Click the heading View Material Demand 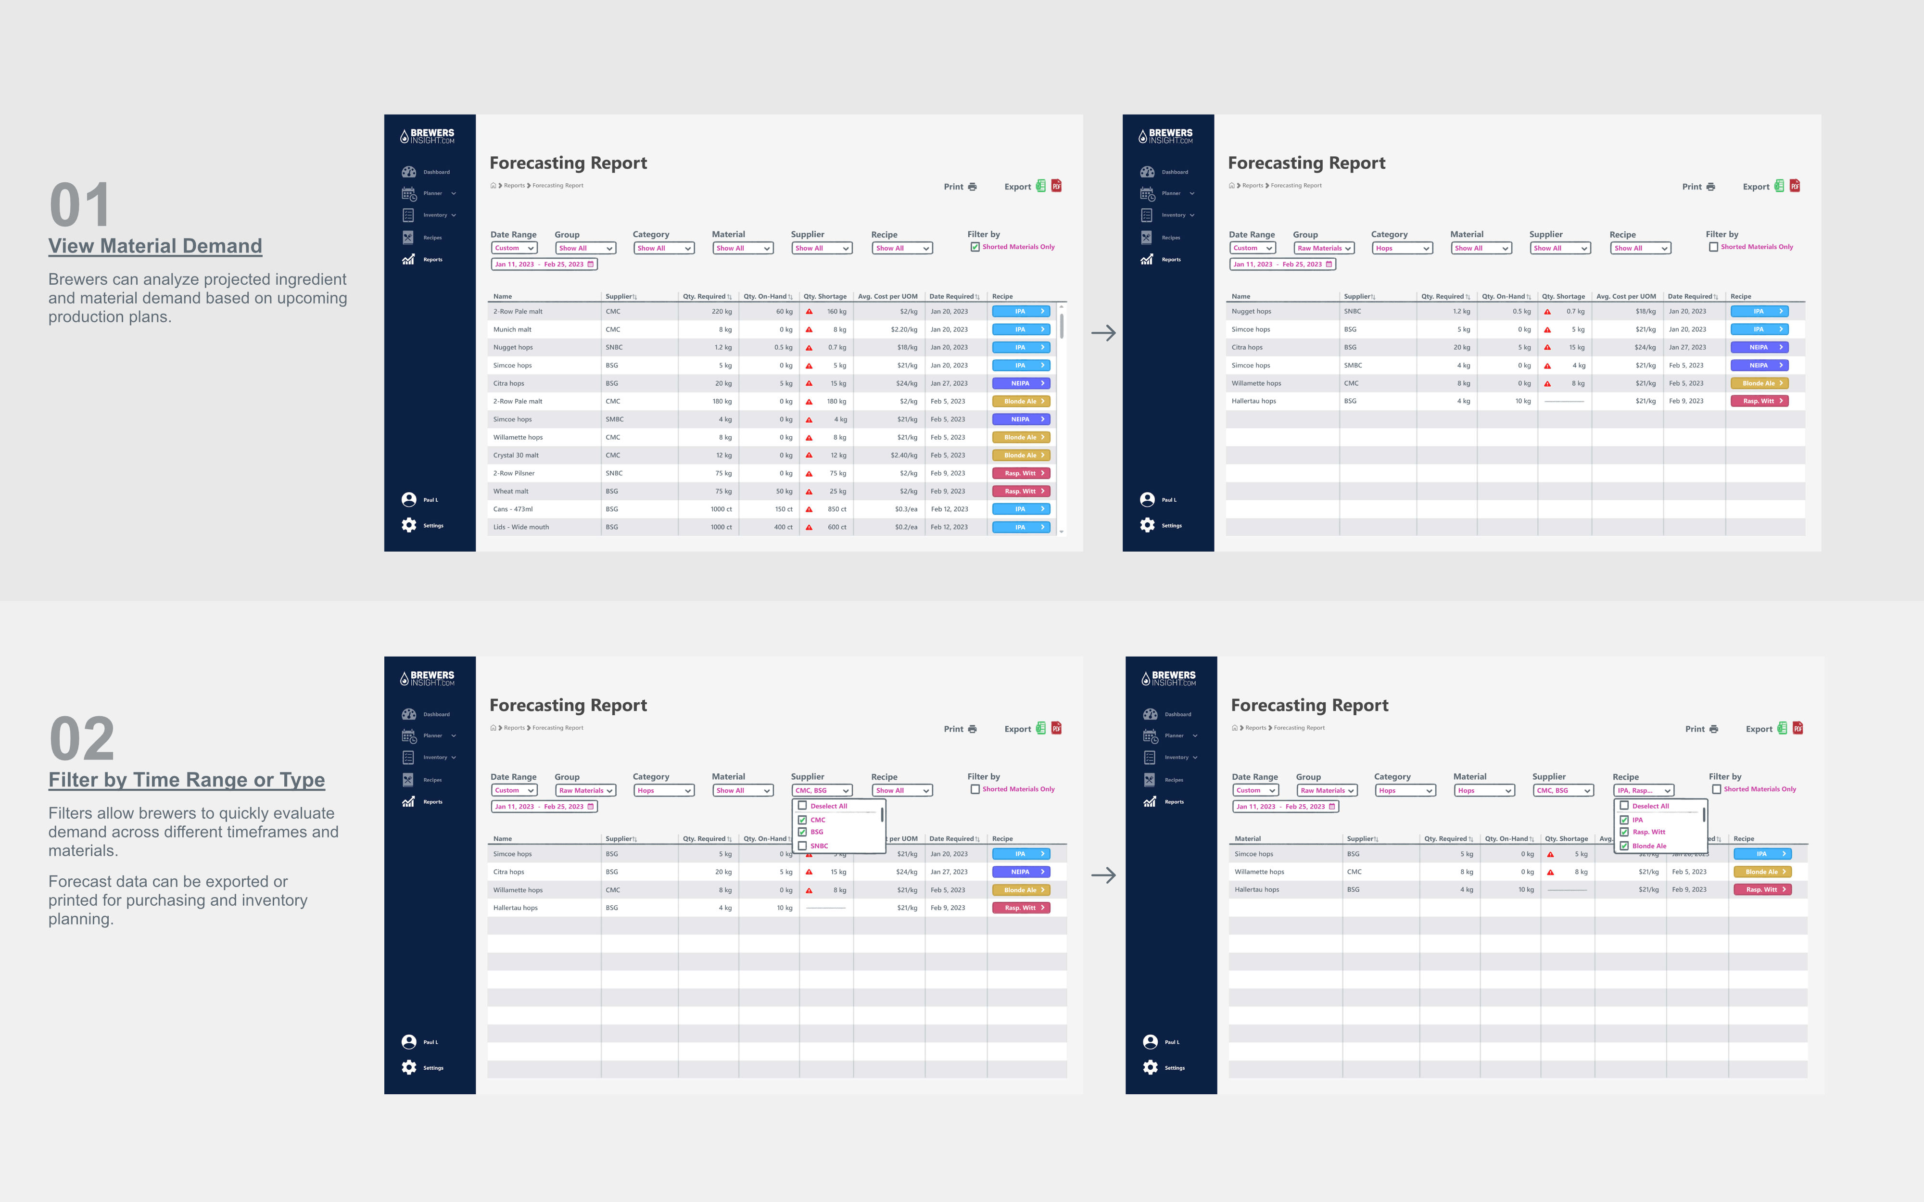tap(155, 246)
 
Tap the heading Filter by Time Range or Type tap(187, 780)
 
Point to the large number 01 tap(79, 205)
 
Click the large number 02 tap(82, 739)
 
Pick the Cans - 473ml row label tap(513, 509)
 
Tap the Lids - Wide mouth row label tap(521, 527)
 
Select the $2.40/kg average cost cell tap(904, 455)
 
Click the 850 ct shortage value tap(836, 509)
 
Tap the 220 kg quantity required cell tap(721, 312)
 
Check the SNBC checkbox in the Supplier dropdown tap(802, 846)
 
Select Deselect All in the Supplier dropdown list tap(828, 806)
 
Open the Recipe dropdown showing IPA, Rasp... tap(1644, 790)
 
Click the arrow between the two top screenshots tap(1103, 333)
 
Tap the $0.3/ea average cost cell tap(906, 509)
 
